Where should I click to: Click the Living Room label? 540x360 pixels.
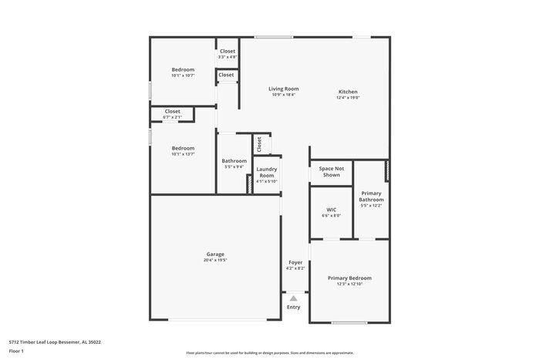click(283, 89)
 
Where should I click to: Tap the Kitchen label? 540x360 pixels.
click(348, 92)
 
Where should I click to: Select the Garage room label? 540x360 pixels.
click(215, 254)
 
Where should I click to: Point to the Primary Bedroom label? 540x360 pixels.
click(349, 278)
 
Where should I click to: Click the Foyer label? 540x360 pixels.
click(295, 262)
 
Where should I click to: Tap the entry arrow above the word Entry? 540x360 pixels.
click(293, 298)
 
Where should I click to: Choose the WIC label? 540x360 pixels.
click(331, 209)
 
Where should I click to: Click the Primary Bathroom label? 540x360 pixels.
click(371, 196)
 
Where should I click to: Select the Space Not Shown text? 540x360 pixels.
click(331, 171)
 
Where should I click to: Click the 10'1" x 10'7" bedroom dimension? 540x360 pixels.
click(183, 76)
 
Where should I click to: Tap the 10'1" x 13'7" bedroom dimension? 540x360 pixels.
click(183, 154)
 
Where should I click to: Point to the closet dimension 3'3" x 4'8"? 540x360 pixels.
click(228, 57)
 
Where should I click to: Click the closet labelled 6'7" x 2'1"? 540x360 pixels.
click(173, 116)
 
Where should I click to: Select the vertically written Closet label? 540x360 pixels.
click(260, 143)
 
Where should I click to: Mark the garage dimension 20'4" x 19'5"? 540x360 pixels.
click(215, 261)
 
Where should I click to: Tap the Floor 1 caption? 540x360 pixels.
click(17, 352)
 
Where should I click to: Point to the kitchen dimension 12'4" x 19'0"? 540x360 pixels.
click(348, 98)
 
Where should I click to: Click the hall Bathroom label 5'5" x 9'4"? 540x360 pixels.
click(235, 163)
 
